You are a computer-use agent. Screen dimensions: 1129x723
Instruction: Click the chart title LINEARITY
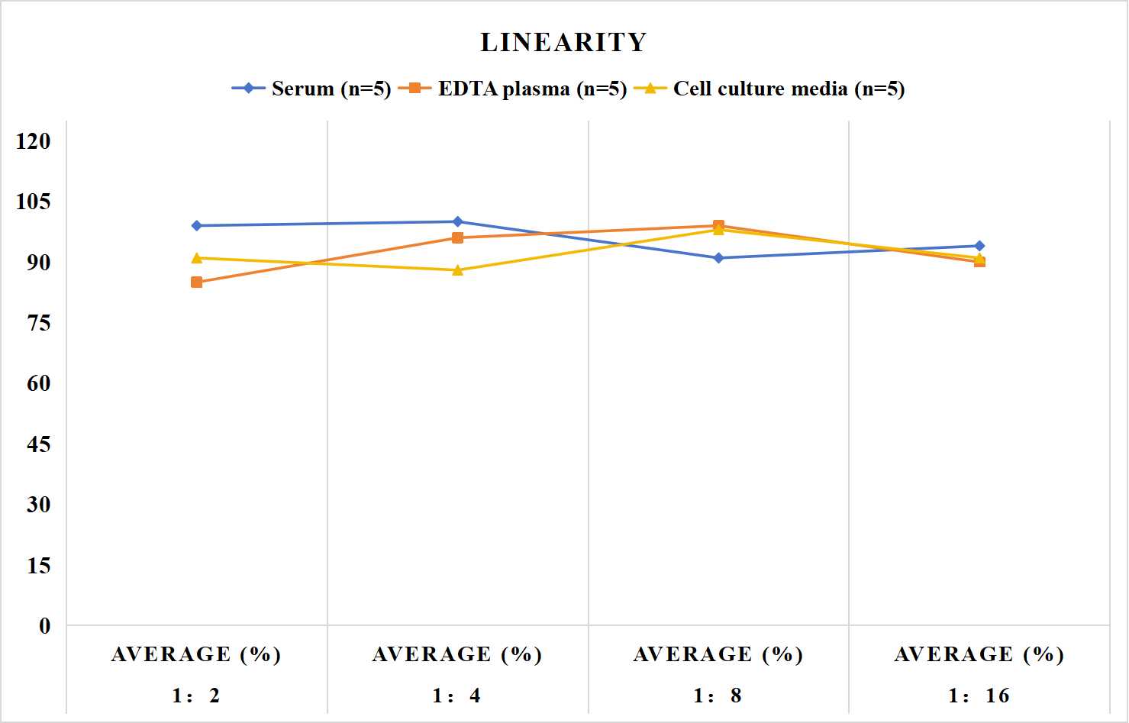click(563, 42)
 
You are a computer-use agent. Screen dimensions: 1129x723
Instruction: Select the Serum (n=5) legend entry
click(311, 89)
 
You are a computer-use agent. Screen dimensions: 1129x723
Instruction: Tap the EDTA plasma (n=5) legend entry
click(512, 89)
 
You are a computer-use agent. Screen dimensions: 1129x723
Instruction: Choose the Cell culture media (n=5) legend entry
click(769, 89)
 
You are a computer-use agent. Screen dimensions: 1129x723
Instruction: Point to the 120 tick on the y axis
click(34, 141)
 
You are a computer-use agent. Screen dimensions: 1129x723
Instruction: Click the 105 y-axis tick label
click(34, 202)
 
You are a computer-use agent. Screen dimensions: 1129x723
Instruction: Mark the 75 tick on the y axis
click(39, 323)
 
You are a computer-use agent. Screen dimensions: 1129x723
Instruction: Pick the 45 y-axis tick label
click(39, 444)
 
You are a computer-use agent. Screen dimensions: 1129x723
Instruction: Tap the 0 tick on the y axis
click(45, 626)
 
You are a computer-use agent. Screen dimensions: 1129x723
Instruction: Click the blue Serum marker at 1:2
click(197, 225)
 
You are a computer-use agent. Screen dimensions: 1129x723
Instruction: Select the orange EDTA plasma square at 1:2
click(197, 282)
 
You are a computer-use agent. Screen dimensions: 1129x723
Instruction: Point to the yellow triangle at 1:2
click(197, 257)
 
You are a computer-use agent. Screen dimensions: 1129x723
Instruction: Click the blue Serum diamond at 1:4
click(458, 221)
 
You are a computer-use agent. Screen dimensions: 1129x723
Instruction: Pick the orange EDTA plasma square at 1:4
click(458, 237)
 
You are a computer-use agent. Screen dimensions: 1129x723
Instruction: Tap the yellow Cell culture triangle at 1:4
click(458, 270)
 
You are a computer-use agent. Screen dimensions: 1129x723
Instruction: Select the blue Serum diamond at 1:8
click(719, 258)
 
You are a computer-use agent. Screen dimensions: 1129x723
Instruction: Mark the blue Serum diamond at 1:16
click(979, 246)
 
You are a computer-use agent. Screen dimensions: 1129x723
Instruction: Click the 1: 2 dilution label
click(196, 696)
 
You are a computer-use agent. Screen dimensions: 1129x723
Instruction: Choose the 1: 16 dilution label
click(979, 696)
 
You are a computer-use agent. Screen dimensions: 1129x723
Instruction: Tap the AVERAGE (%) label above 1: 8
click(718, 654)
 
